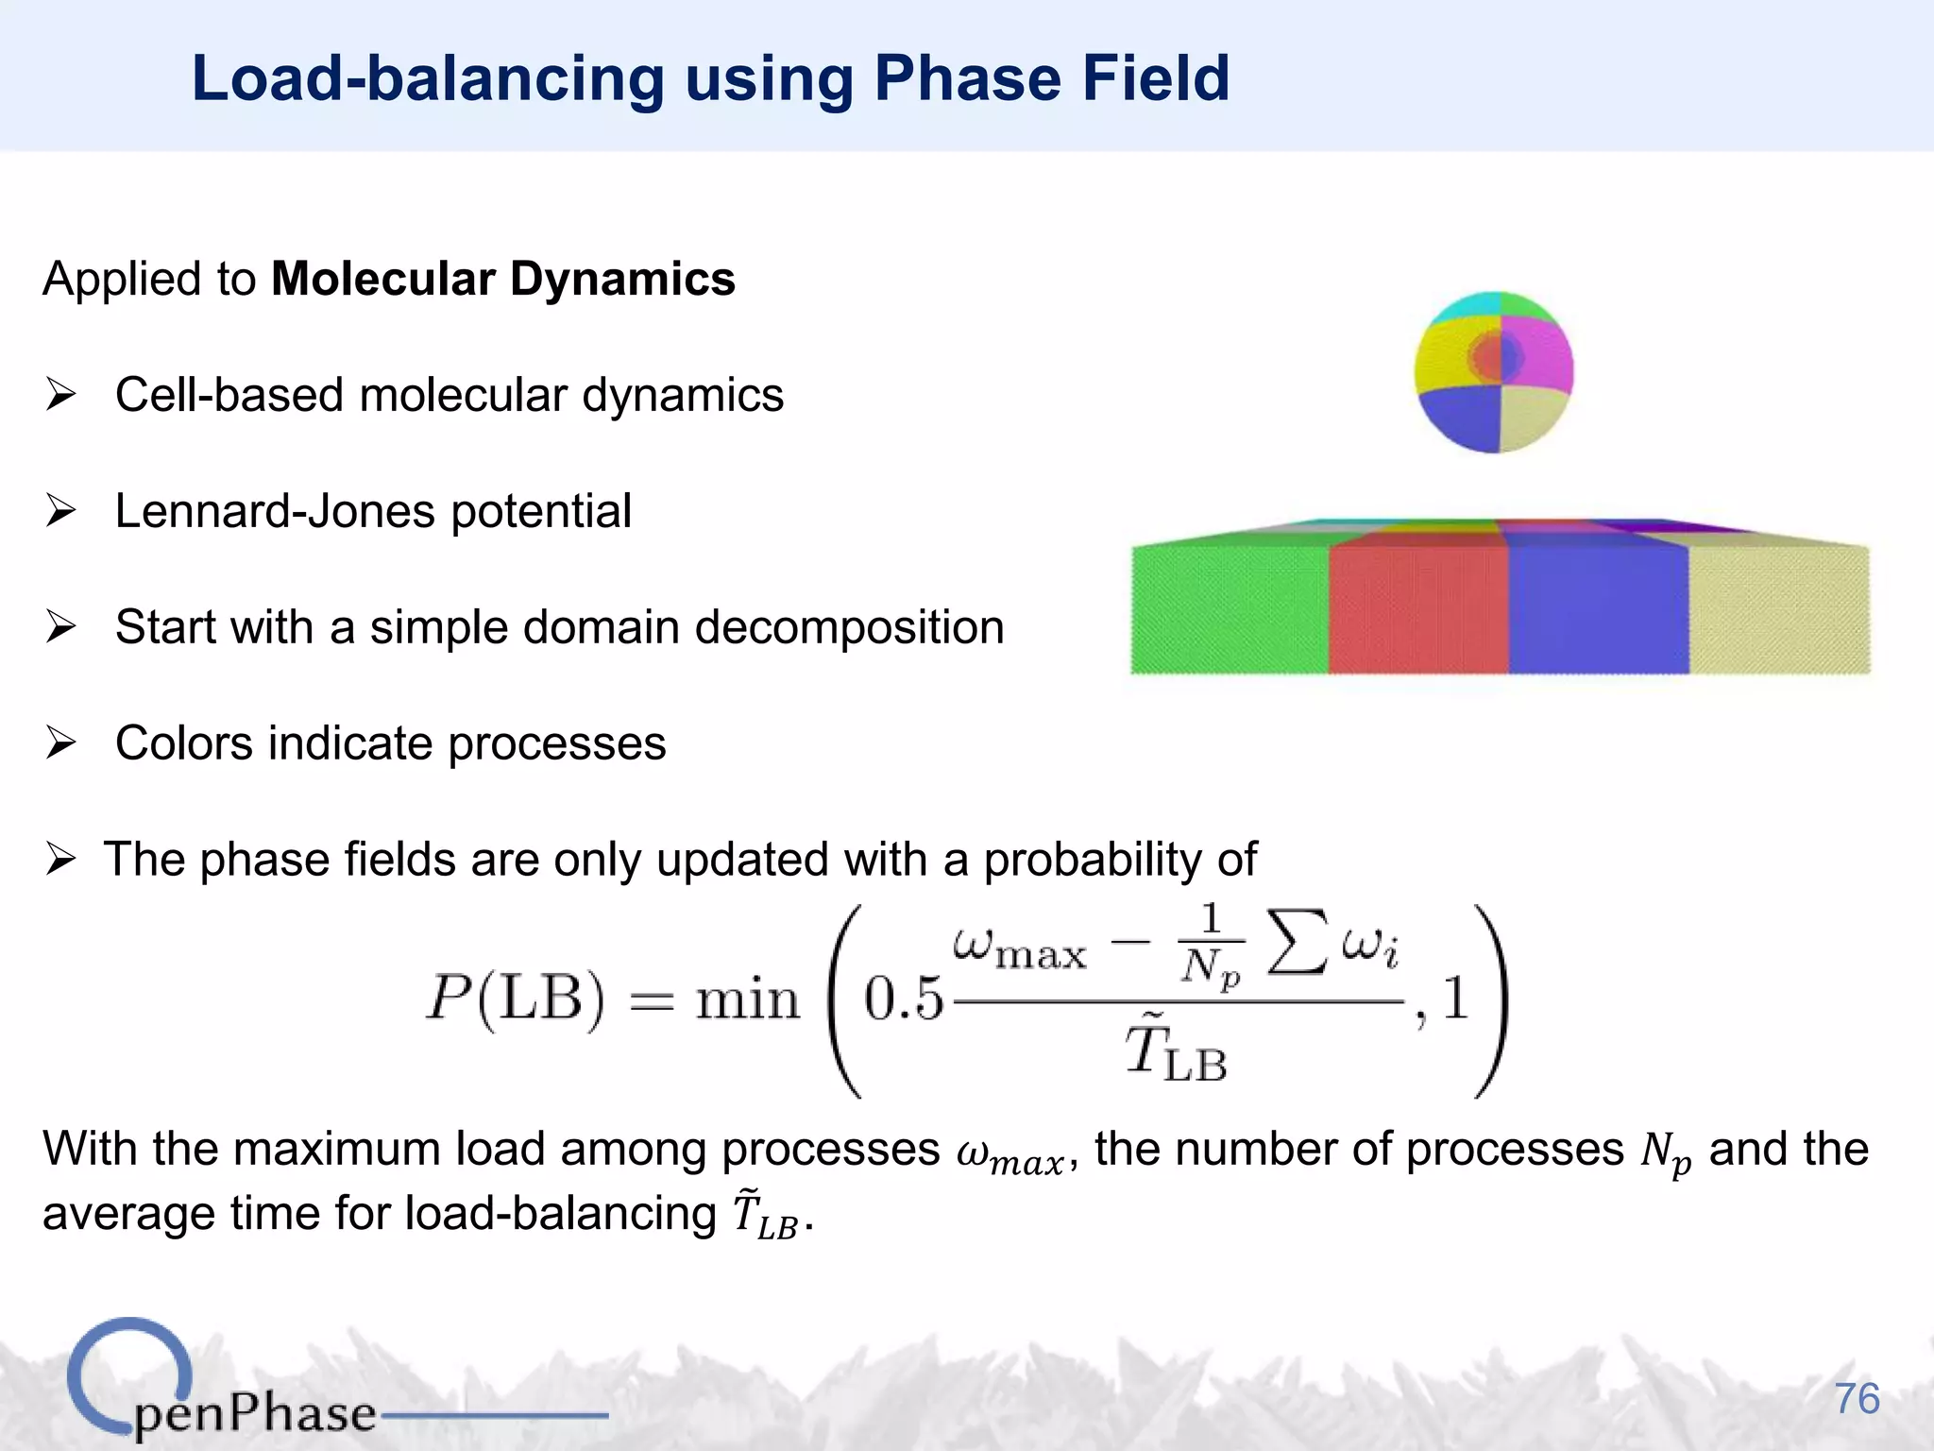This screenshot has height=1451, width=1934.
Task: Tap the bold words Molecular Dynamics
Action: tap(503, 280)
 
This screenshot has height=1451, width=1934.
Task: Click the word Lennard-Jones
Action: tap(273, 512)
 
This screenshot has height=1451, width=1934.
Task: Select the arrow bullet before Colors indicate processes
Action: tap(60, 743)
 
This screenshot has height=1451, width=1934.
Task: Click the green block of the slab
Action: tap(1229, 609)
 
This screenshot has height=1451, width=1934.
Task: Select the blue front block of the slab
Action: tap(1597, 609)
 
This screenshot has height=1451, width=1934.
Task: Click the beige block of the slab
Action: tap(1778, 609)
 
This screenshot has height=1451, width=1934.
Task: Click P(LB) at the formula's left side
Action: tap(515, 999)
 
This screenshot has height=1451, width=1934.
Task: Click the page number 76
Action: tap(1857, 1399)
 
